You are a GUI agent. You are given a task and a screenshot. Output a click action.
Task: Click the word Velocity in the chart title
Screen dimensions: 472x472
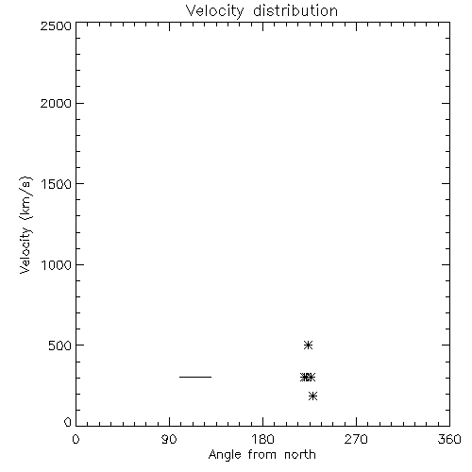coord(215,10)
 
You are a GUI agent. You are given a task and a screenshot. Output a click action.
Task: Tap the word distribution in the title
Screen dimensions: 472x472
coord(295,10)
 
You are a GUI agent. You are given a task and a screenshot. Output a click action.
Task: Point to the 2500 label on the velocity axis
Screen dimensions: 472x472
coord(56,25)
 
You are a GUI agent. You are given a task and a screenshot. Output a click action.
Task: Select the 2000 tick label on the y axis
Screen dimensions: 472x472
coord(56,103)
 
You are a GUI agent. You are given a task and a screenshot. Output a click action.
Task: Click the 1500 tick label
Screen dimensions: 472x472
coord(57,184)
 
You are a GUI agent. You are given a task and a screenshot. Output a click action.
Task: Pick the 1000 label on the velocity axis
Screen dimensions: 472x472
coord(57,264)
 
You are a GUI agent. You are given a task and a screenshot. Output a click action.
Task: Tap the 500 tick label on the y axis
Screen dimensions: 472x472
coord(60,346)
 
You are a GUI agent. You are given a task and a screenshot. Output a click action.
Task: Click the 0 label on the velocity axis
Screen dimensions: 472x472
coord(68,422)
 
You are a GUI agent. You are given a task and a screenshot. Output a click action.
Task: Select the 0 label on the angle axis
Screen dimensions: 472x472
coord(76,439)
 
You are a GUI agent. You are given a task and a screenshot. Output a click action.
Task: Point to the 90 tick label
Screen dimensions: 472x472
coord(169,439)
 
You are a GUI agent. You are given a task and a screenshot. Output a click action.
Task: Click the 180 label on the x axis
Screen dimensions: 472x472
coord(262,439)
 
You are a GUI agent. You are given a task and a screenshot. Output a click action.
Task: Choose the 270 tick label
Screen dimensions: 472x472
coord(356,439)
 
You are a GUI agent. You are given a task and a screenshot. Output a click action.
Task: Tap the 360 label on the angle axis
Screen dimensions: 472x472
coord(449,439)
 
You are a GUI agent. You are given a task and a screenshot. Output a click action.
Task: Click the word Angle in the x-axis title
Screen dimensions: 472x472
coord(225,455)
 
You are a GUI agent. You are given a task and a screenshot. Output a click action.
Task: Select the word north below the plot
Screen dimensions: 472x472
coord(300,455)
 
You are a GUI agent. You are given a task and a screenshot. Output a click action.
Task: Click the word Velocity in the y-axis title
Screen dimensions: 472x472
coord(25,250)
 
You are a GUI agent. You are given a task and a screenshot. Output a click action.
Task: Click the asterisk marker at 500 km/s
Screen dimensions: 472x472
coord(308,345)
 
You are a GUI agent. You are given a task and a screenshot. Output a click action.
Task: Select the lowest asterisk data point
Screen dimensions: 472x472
coord(312,396)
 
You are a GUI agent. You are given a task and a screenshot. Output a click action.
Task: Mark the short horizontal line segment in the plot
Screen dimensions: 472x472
coord(195,377)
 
